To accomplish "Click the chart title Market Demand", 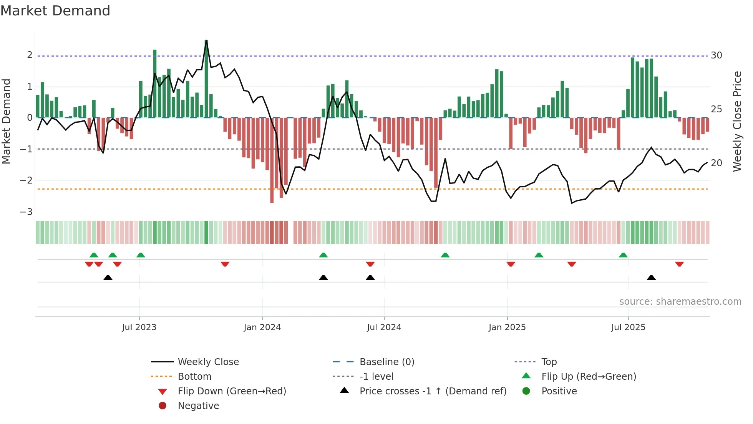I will (x=55, y=11).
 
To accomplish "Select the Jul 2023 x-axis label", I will (x=139, y=327).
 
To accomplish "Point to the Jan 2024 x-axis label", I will (x=262, y=327).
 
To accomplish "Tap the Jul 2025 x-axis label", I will (x=628, y=327).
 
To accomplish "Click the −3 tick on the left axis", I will (x=27, y=212).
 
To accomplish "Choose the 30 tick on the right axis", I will (x=717, y=55).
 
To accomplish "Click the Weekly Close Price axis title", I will (x=737, y=121).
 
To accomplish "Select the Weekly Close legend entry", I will (x=208, y=362).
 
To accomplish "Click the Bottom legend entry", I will (x=194, y=377).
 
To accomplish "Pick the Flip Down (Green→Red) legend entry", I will (x=232, y=391).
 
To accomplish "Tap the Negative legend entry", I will (x=198, y=406).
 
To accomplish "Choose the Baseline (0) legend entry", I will (x=386, y=362).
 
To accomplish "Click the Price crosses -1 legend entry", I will (x=433, y=391).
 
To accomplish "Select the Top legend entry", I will (x=549, y=362).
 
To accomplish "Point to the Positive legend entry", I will (x=559, y=391).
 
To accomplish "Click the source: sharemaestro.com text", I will (x=680, y=302).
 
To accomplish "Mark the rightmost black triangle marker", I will (x=651, y=278).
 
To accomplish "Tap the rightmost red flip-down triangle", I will (x=679, y=264).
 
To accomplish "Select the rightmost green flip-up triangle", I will (x=623, y=255).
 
